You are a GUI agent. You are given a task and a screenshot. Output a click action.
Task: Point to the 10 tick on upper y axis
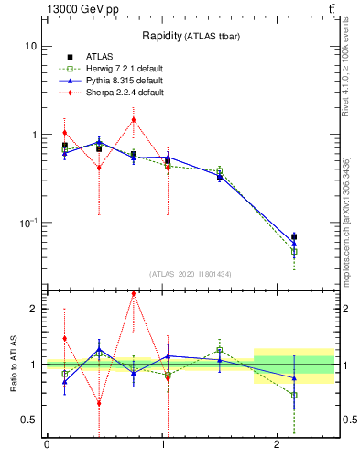[31, 46]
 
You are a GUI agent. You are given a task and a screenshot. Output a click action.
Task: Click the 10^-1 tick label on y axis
[27, 223]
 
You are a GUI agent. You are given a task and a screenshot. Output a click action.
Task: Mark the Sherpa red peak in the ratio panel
[134, 294]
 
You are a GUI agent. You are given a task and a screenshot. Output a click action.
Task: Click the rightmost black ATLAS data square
[294, 236]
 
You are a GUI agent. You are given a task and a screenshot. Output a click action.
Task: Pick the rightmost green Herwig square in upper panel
[294, 251]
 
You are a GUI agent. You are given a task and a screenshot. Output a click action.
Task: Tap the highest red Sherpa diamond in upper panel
[134, 119]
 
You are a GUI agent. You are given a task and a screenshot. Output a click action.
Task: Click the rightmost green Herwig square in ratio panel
[294, 395]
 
